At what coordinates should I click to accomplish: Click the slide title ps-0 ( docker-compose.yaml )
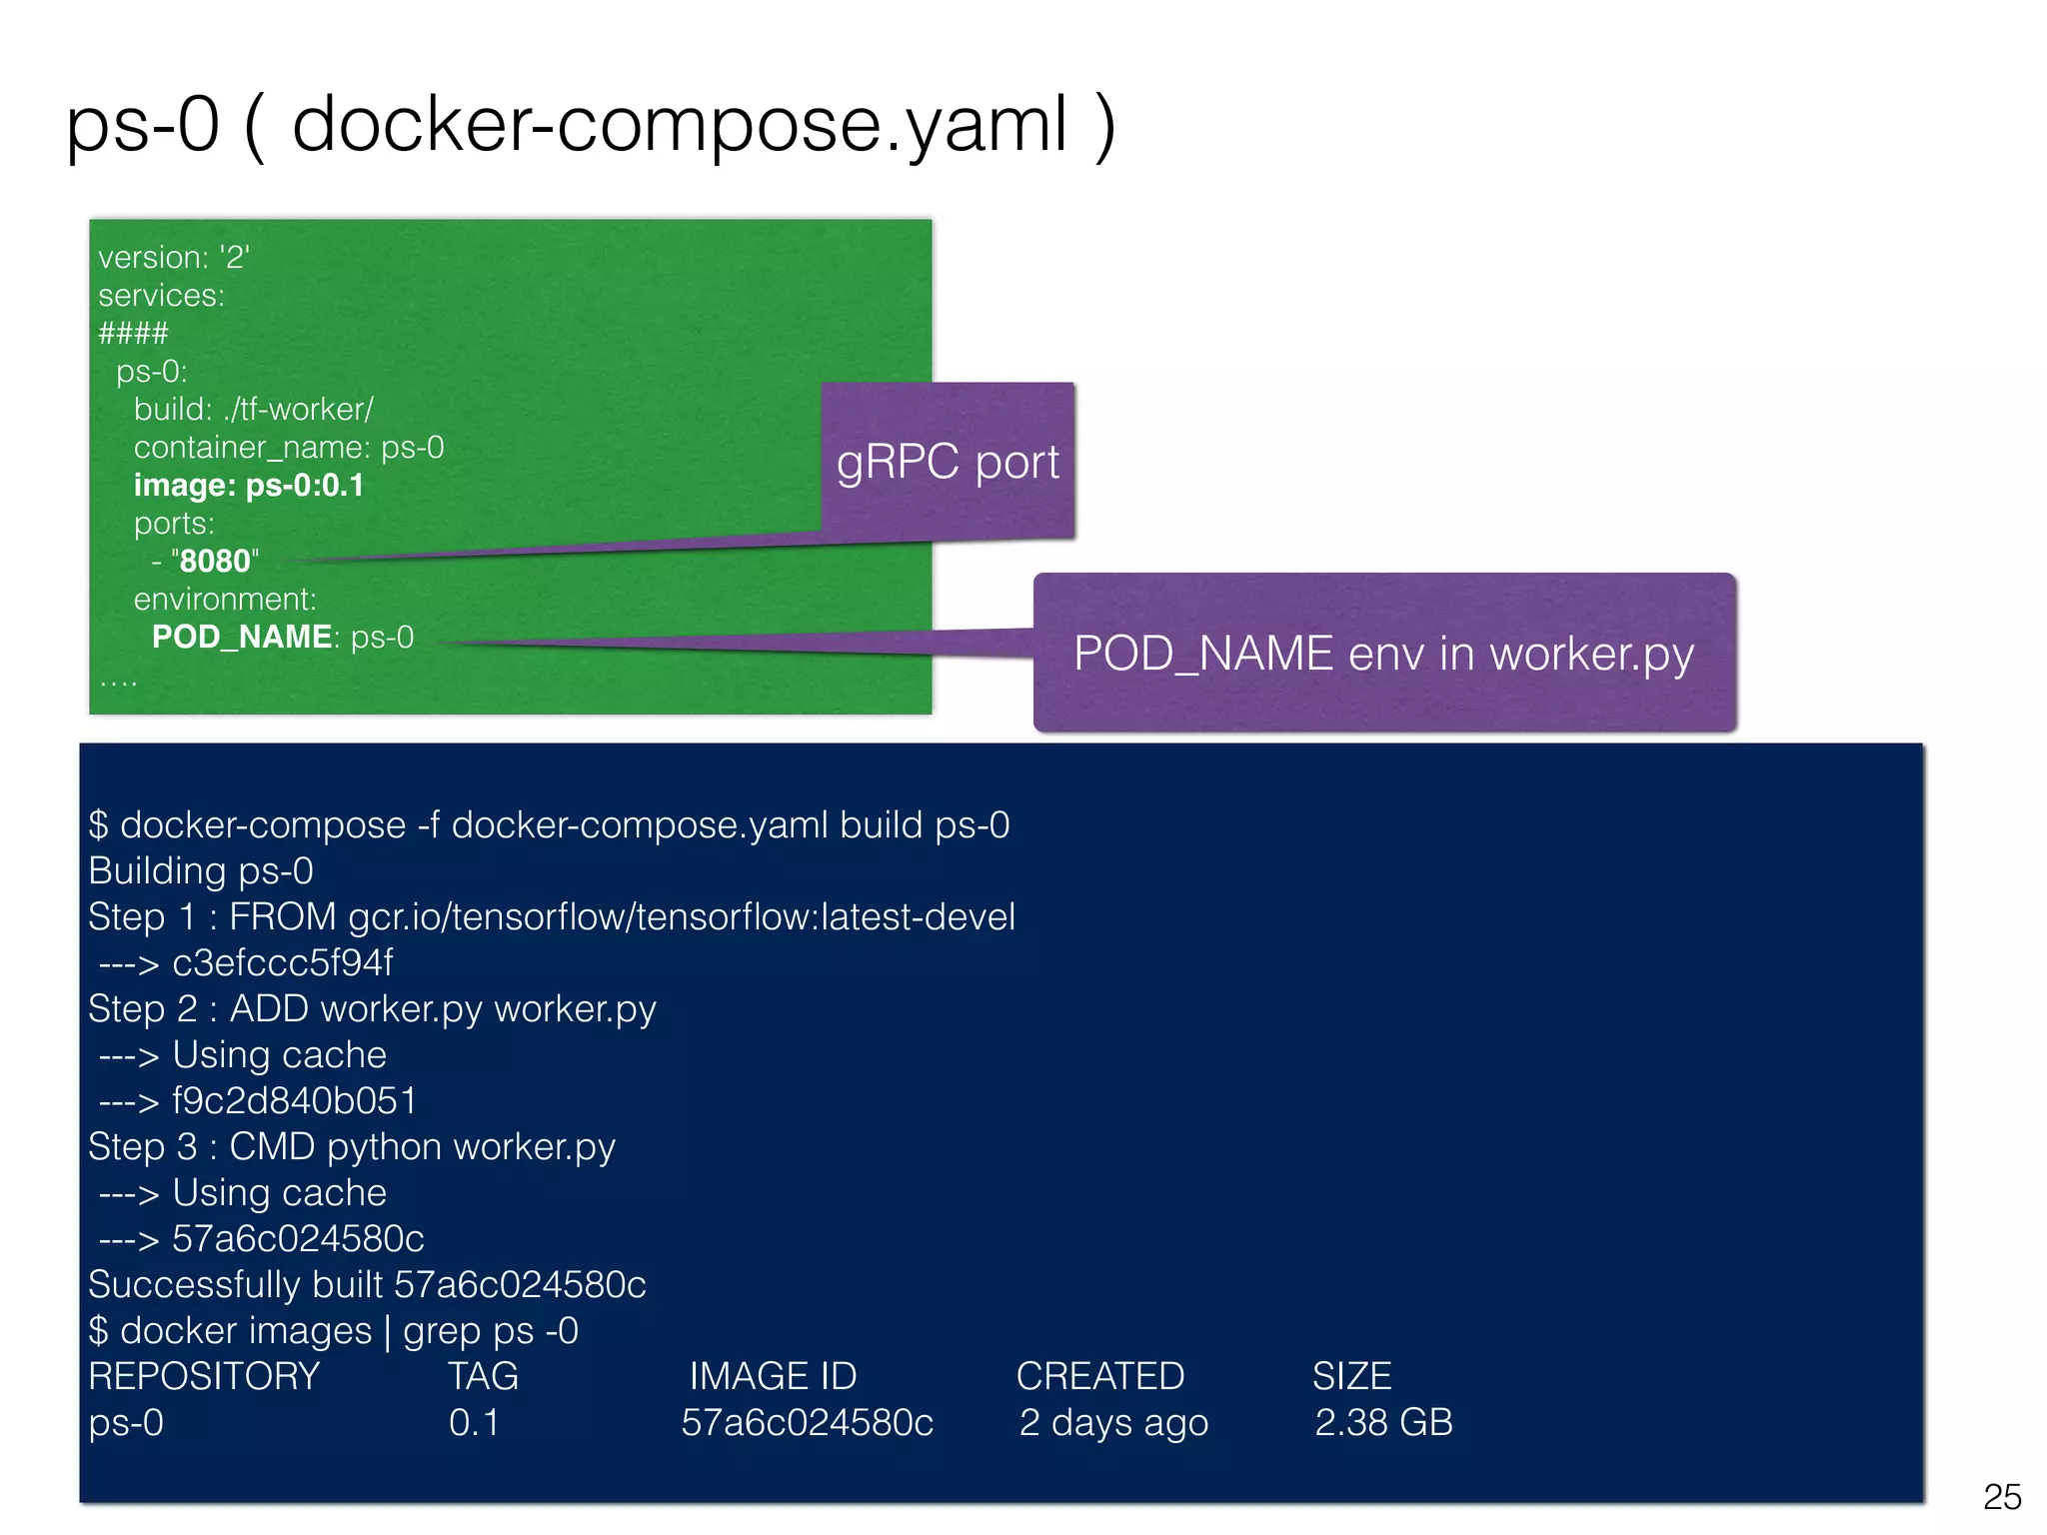[x=590, y=125]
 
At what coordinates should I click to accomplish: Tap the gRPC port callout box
[x=948, y=462]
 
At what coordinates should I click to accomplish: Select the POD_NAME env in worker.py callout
[x=1383, y=654]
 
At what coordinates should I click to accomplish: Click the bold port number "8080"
[x=215, y=562]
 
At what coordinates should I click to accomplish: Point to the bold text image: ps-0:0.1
[x=249, y=486]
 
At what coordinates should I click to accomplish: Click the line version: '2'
[x=173, y=258]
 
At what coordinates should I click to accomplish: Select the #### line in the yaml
[x=133, y=333]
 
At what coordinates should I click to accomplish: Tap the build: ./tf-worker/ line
[x=253, y=410]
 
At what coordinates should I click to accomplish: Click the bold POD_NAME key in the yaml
[x=241, y=638]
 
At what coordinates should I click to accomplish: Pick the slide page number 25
[x=2002, y=1497]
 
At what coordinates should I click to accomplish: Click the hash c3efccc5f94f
[x=282, y=963]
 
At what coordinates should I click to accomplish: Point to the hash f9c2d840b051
[x=294, y=1101]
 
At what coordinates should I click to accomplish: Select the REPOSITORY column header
[x=204, y=1377]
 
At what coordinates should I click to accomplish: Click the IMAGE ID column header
[x=773, y=1377]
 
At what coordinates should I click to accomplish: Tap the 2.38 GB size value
[x=1383, y=1423]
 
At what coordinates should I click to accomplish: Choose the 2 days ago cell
[x=1113, y=1423]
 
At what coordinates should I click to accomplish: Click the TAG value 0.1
[x=474, y=1423]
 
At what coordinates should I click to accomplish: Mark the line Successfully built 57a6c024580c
[x=367, y=1285]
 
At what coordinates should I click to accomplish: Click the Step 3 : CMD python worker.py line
[x=352, y=1147]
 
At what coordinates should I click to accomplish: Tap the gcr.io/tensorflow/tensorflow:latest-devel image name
[x=682, y=917]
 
